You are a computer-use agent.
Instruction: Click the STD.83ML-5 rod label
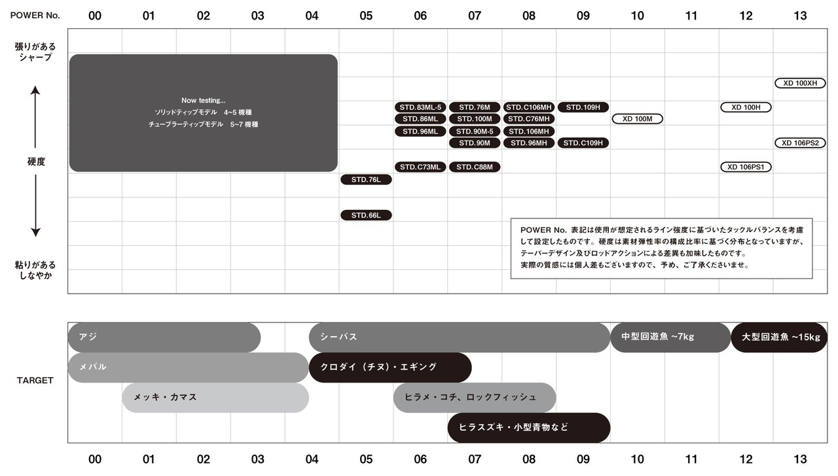tap(420, 107)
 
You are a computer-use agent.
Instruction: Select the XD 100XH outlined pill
tap(800, 83)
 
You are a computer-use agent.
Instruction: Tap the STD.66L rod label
tap(366, 215)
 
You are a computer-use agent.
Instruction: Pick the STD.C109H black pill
tap(583, 143)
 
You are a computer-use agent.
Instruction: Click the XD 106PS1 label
tap(746, 167)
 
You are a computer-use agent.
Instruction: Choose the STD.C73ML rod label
tap(420, 167)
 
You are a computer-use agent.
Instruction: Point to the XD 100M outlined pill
tap(637, 119)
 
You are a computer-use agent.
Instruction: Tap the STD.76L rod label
tap(366, 180)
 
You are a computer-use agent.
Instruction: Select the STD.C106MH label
tap(528, 107)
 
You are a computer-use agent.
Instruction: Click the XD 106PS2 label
tap(800, 143)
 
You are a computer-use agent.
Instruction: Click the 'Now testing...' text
tap(203, 100)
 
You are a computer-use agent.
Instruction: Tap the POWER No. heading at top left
tap(35, 15)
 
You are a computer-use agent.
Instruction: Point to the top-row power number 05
tap(366, 16)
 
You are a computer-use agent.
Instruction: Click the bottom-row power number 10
tap(637, 459)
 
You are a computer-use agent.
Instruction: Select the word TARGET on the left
tap(35, 381)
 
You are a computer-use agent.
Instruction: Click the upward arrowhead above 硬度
tap(35, 90)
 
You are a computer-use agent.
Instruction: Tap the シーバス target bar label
tap(338, 337)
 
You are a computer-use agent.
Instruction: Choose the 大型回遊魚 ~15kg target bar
tap(779, 337)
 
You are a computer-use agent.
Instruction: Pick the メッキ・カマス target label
tap(165, 397)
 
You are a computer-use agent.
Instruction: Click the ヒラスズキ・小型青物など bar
tap(528, 428)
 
